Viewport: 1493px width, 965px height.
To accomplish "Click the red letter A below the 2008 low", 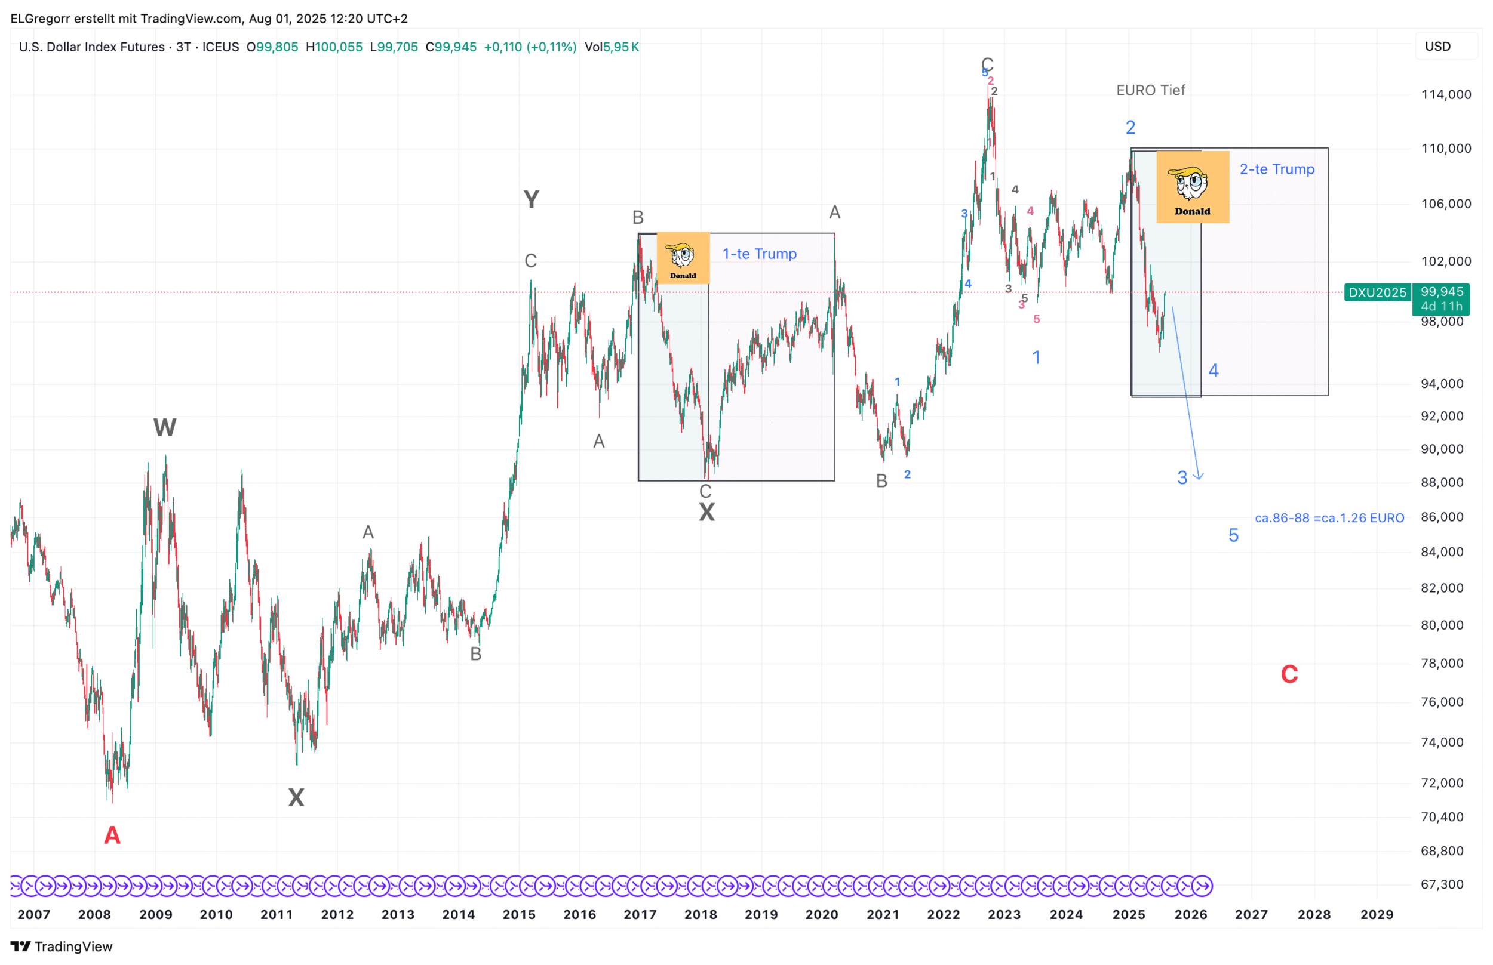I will tap(112, 835).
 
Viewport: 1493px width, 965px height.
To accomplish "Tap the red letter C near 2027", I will tap(1289, 675).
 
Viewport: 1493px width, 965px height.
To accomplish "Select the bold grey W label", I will tap(164, 427).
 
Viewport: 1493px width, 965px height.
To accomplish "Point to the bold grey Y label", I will tap(531, 200).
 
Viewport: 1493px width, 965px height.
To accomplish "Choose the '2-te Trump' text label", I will tap(1277, 169).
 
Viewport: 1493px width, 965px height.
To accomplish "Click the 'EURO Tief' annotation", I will tap(1150, 90).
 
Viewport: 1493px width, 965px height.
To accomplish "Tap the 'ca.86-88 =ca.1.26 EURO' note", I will tap(1329, 518).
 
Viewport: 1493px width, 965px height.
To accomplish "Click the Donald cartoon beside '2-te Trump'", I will tap(1192, 187).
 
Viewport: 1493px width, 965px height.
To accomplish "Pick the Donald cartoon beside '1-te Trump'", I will tap(682, 258).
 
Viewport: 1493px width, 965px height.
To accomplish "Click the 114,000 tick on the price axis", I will tap(1445, 95).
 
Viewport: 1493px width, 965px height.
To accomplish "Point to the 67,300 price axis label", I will tap(1442, 884).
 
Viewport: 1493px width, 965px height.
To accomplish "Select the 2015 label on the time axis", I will tap(518, 915).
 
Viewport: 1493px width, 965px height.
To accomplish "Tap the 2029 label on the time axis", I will tap(1377, 915).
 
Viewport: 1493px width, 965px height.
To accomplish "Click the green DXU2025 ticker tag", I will tap(1377, 292).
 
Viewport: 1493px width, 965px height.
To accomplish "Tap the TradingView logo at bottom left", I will tap(62, 946).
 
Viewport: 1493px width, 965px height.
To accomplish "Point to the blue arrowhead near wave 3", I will tap(1199, 477).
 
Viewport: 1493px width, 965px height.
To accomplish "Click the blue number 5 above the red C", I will tap(1233, 536).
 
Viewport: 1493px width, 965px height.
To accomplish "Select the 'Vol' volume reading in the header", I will tap(612, 47).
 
